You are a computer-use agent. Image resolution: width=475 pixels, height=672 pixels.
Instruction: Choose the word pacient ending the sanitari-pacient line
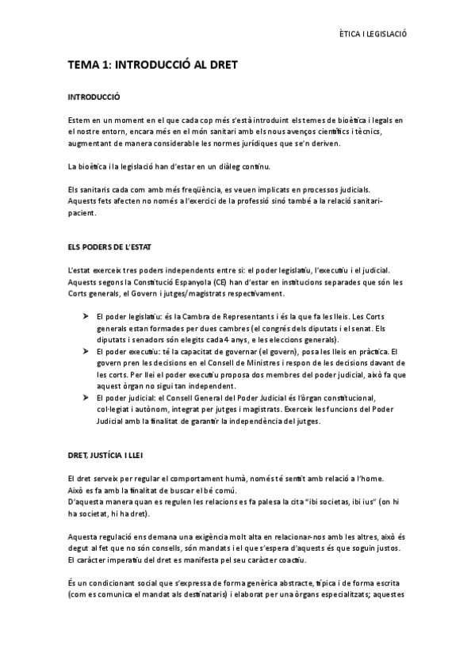(x=82, y=212)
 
